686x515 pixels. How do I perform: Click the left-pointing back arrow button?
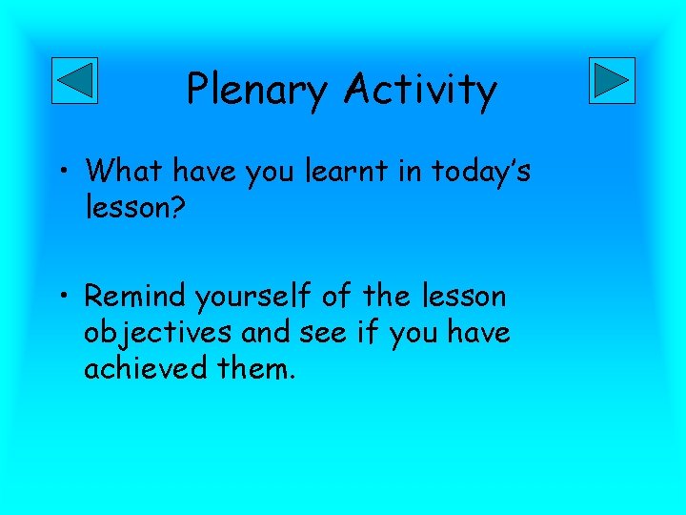point(73,80)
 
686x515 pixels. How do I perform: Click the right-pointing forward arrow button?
point(611,80)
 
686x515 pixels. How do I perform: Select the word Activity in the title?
point(420,91)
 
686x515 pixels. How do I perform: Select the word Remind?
point(136,297)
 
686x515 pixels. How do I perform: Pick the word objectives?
point(158,333)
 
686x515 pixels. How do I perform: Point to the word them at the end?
point(261,367)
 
